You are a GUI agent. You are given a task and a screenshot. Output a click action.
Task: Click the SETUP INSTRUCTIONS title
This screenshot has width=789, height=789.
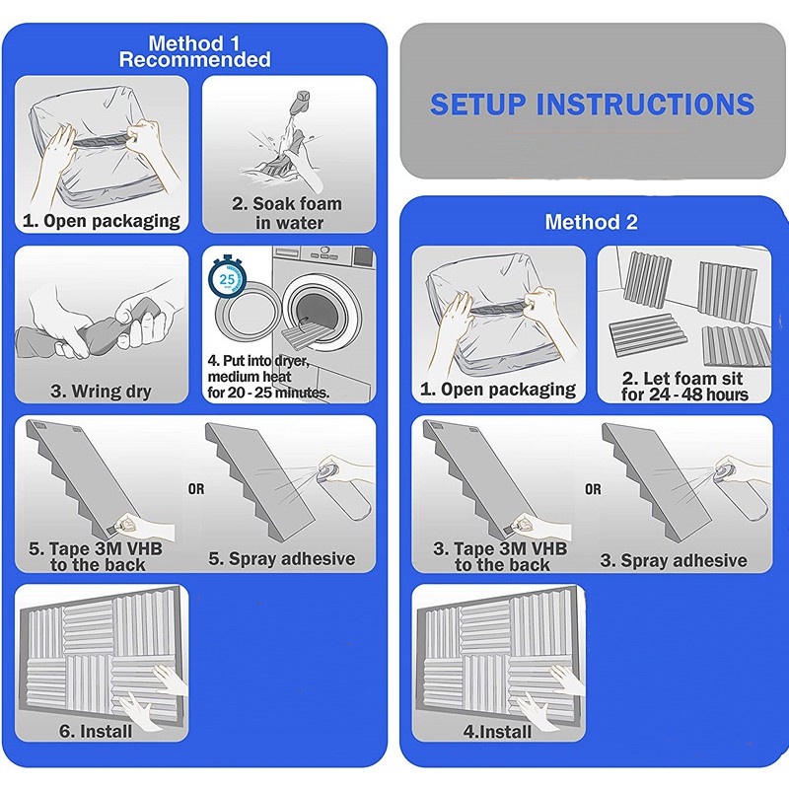pyautogui.click(x=593, y=104)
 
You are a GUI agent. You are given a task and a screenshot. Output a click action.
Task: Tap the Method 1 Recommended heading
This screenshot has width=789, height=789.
pyautogui.click(x=194, y=51)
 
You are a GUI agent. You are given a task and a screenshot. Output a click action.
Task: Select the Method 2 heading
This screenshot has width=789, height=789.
pyautogui.click(x=591, y=222)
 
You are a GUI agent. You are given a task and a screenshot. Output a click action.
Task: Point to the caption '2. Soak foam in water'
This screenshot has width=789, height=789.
pyautogui.click(x=287, y=213)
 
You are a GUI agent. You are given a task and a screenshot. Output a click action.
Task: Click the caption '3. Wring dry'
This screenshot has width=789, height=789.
pyautogui.click(x=101, y=391)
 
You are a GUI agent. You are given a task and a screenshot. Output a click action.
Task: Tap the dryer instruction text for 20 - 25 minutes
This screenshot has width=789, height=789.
pyautogui.click(x=268, y=377)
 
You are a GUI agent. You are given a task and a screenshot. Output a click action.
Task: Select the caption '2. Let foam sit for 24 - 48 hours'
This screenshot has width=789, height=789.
pyautogui.click(x=683, y=386)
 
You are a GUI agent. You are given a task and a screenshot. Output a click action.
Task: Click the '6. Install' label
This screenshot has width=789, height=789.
pyautogui.click(x=96, y=731)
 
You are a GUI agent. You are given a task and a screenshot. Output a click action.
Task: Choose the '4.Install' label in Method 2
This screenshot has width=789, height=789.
pyautogui.click(x=497, y=731)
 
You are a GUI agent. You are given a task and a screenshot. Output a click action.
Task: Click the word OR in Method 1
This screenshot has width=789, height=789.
pyautogui.click(x=196, y=488)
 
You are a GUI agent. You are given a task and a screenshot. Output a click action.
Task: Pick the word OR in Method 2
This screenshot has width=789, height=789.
pyautogui.click(x=593, y=488)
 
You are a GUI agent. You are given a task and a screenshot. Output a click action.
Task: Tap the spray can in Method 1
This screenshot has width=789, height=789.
pyautogui.click(x=345, y=488)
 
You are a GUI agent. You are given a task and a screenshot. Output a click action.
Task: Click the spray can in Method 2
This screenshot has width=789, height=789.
pyautogui.click(x=742, y=488)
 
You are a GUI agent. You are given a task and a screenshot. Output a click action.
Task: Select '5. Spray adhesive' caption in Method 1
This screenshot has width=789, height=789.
pyautogui.click(x=282, y=558)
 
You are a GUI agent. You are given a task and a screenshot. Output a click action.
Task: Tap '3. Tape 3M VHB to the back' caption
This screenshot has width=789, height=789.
pyautogui.click(x=500, y=556)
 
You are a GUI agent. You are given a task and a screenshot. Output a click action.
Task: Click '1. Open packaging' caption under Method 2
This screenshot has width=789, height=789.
pyautogui.click(x=498, y=389)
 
